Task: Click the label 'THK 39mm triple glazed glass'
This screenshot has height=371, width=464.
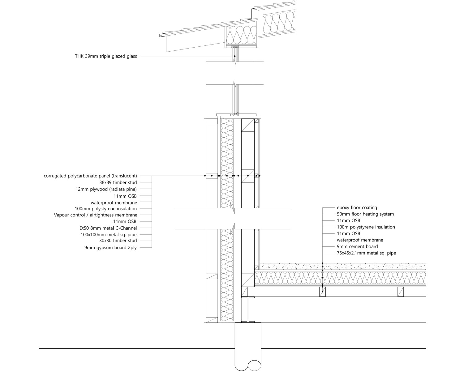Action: (x=106, y=57)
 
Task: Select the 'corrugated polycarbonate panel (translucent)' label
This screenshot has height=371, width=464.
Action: (x=90, y=176)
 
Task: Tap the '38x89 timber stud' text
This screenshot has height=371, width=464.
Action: (x=118, y=183)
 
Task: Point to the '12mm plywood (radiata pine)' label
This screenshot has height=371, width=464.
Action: (x=106, y=189)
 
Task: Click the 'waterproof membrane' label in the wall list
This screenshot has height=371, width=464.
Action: (x=114, y=203)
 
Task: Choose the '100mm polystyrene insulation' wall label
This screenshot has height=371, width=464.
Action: (x=106, y=209)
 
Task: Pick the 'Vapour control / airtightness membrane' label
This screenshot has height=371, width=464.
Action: (x=96, y=215)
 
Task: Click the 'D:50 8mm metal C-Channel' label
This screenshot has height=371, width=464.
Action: (x=108, y=228)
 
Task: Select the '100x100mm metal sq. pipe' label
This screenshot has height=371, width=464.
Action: (x=109, y=235)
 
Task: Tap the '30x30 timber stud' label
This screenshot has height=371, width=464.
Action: (x=118, y=241)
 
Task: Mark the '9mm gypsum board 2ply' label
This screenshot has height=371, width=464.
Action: (x=111, y=248)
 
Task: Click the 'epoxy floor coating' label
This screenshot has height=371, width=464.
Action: (x=357, y=207)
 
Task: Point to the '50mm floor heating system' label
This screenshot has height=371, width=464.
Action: (x=365, y=214)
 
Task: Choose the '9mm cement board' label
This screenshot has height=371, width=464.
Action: (x=358, y=246)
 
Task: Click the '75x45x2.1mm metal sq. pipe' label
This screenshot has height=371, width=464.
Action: (x=367, y=253)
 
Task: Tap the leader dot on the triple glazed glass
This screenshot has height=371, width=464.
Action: (x=235, y=56)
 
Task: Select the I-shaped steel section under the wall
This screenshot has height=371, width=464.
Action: (x=248, y=310)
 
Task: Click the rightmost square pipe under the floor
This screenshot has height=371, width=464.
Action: (x=401, y=292)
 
